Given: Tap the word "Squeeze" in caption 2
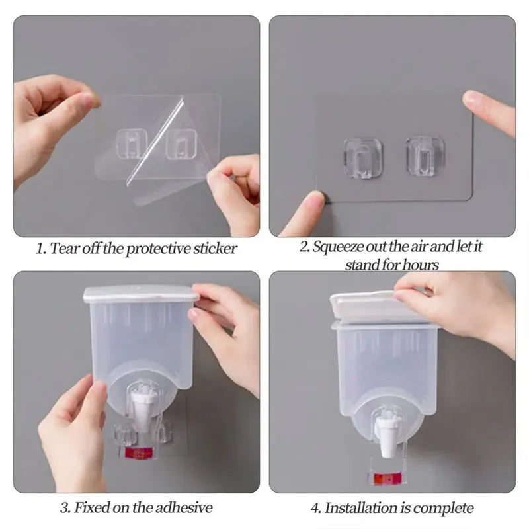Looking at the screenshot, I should [x=339, y=247].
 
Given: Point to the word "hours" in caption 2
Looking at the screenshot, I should [x=421, y=264].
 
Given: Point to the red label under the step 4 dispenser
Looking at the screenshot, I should [x=386, y=478].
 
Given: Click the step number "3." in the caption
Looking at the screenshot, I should [x=66, y=508].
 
